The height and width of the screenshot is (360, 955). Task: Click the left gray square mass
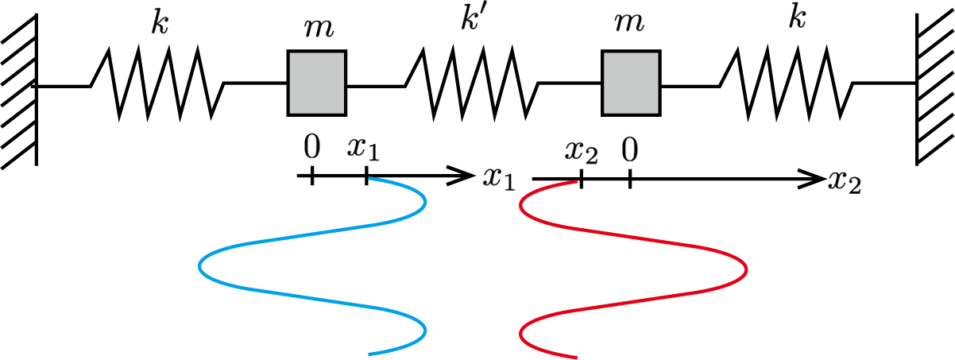[x=316, y=83]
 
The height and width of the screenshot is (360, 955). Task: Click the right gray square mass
[x=631, y=83]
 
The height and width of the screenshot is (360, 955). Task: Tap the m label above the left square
[x=319, y=27]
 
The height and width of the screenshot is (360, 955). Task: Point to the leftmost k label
[x=159, y=23]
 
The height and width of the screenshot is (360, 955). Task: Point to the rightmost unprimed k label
[x=797, y=17]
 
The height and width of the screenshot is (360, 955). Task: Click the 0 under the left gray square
[x=311, y=147]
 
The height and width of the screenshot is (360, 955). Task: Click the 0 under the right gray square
[x=629, y=150]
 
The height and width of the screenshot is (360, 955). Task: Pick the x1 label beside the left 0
[x=363, y=148]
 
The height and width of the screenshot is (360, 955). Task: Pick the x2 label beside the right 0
[x=581, y=151]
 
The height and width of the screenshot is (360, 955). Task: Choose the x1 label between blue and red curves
[x=498, y=179]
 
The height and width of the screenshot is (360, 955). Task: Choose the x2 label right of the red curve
[x=844, y=181]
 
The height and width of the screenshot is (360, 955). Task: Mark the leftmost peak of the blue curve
[x=200, y=266]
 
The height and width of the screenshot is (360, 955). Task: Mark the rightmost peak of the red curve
[x=746, y=269]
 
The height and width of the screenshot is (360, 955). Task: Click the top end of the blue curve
[x=369, y=179]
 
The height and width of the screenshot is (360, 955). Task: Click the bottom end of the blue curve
[x=369, y=353]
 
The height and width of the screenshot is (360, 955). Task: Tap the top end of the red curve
[x=576, y=182]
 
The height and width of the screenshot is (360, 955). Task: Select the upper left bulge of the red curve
[x=521, y=207]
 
